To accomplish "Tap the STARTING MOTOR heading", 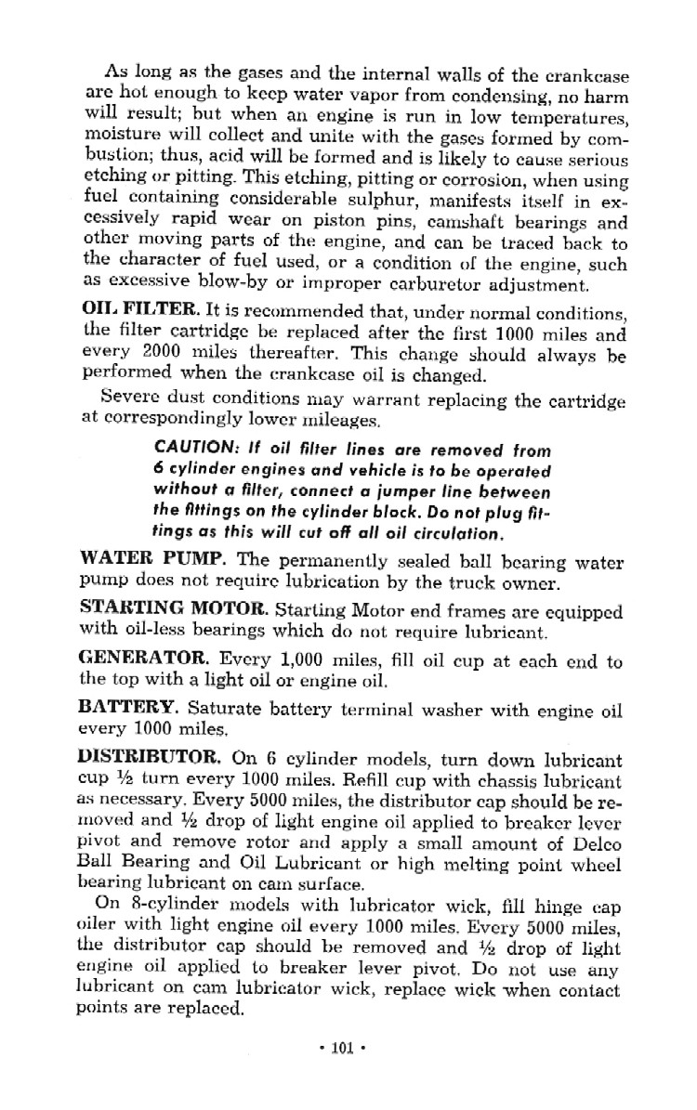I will [x=170, y=610].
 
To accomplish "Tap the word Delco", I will [x=592, y=842].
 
